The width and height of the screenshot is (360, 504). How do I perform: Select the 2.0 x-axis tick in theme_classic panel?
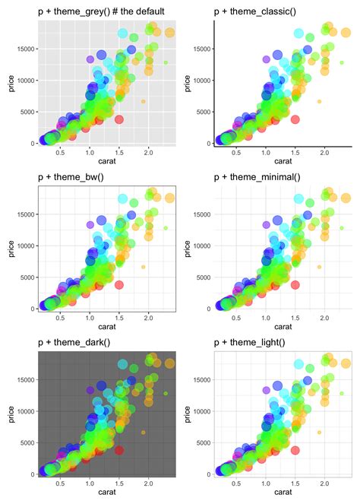click(324, 152)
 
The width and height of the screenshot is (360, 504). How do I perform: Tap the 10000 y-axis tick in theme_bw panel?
click(23, 245)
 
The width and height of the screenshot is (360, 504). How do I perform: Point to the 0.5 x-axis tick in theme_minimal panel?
click(236, 318)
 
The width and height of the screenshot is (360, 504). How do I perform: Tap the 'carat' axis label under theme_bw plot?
click(106, 328)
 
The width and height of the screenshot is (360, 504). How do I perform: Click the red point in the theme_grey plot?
click(119, 119)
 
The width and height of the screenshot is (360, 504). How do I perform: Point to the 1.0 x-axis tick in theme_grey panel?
click(90, 152)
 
